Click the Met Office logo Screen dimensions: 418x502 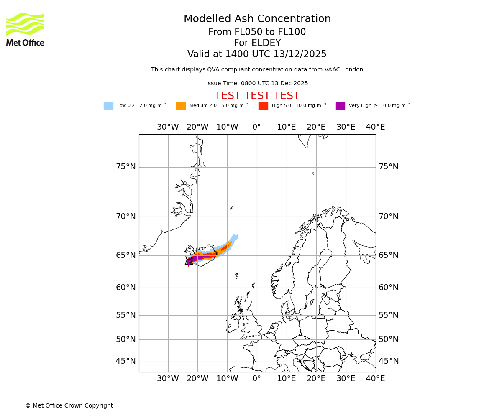25,29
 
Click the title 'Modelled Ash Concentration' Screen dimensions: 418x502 257,19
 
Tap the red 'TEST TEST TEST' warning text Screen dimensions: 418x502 257,96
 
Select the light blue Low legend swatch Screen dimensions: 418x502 108,106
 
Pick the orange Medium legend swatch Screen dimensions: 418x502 181,106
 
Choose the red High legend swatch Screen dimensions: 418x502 263,106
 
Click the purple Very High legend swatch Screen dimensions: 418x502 340,106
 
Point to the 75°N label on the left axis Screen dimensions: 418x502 125,167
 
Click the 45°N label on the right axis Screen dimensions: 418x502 388,361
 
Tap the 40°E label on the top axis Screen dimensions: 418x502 375,127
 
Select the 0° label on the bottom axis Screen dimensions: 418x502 257,379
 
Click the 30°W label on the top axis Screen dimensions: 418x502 168,127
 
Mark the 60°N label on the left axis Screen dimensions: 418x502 125,288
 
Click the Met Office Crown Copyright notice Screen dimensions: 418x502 69,405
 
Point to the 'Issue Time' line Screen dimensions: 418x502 257,83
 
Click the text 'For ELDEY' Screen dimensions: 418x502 257,43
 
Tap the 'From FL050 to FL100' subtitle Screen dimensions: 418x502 257,32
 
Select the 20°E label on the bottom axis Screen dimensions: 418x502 316,379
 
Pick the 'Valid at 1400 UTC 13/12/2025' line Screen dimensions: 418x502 257,54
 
